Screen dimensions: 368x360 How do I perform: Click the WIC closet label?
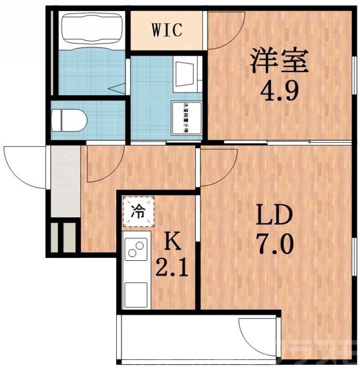pos(167,30)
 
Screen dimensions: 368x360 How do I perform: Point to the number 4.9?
pos(278,90)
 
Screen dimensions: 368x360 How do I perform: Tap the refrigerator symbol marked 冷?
pos(138,211)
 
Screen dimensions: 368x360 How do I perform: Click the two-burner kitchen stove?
pos(136,250)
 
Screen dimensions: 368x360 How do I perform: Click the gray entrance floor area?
pos(65,182)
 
